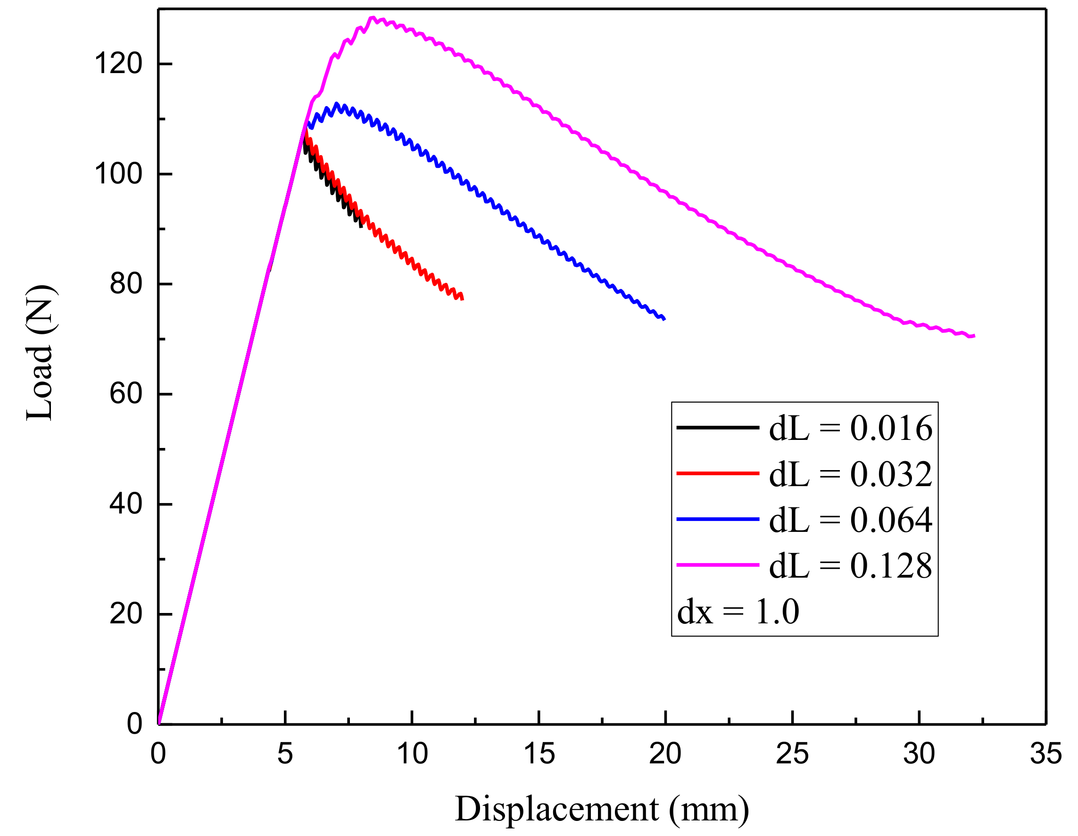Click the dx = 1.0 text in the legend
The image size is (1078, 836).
pyautogui.click(x=738, y=612)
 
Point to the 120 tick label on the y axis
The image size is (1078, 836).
pyautogui.click(x=118, y=64)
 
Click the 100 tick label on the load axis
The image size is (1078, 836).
pyautogui.click(x=118, y=174)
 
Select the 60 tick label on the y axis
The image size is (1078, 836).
pyautogui.click(x=126, y=394)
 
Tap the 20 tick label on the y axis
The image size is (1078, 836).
pyautogui.click(x=126, y=614)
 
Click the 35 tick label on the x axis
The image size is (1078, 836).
pyautogui.click(x=1045, y=753)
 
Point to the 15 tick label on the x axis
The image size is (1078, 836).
pyautogui.click(x=539, y=753)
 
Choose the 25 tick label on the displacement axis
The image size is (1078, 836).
pyautogui.click(x=792, y=753)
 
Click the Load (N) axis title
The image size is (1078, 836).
pyautogui.click(x=40, y=353)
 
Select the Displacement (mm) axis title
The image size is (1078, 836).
pyautogui.click(x=602, y=809)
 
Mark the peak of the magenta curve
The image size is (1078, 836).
pyautogui.click(x=373, y=18)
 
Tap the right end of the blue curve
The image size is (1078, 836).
pyautogui.click(x=665, y=319)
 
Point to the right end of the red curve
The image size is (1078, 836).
pyautogui.click(x=463, y=298)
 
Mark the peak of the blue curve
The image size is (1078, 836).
pyautogui.click(x=337, y=104)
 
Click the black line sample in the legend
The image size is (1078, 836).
pyautogui.click(x=718, y=427)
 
